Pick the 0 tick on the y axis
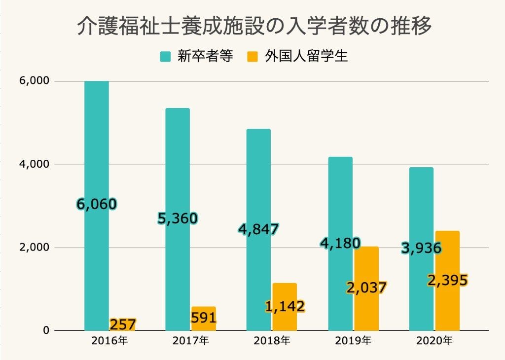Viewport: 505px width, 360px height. tap(46, 330)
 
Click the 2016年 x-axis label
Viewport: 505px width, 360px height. tap(109, 341)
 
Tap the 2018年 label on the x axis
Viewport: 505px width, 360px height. tap(271, 341)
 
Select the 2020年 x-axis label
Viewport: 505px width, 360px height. tap(434, 341)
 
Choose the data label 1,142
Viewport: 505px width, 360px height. tap(285, 306)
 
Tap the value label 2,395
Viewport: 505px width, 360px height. tap(447, 281)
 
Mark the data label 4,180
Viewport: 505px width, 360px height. tap(340, 243)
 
